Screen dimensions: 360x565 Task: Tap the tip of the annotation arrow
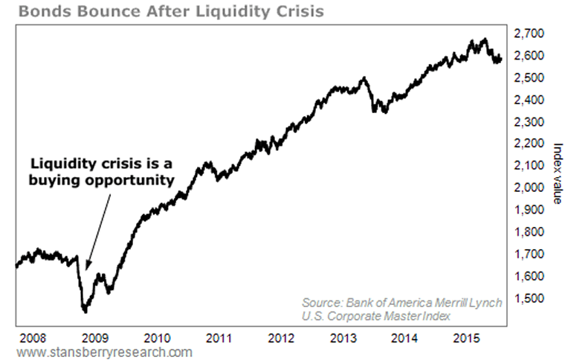86,269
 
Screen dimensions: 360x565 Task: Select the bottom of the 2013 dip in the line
384,112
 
